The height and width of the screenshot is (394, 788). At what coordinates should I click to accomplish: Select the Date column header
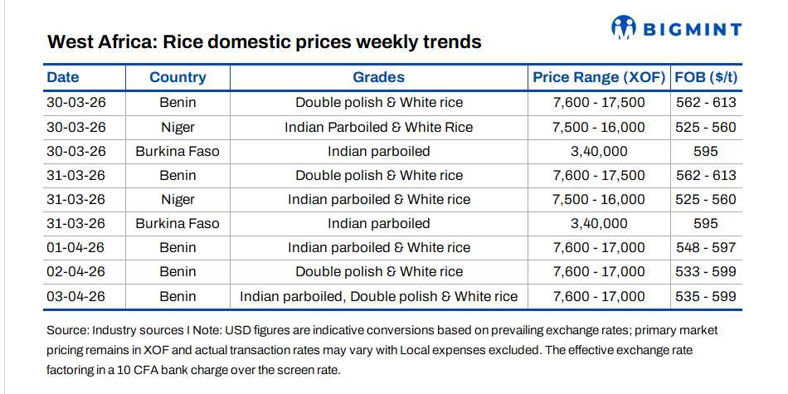[x=63, y=77]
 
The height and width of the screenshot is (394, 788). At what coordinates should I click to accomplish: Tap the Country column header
[x=178, y=77]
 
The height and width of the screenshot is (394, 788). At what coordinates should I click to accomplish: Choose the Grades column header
[x=378, y=77]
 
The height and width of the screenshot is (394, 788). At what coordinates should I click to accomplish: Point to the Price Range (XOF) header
[x=599, y=77]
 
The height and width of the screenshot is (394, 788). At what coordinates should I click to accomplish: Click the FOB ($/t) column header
[x=707, y=77]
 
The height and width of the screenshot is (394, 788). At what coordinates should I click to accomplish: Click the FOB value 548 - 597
[x=706, y=248]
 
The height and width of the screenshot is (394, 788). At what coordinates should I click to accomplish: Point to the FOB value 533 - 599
[x=706, y=272]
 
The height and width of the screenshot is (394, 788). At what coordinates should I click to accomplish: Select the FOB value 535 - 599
[x=706, y=296]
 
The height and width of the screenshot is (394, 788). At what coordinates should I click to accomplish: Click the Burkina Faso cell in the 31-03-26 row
[x=178, y=224]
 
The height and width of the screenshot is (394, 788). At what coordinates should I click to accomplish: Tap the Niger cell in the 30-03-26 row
[x=178, y=128]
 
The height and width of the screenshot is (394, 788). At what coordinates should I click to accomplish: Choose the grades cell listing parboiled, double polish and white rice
[x=378, y=296]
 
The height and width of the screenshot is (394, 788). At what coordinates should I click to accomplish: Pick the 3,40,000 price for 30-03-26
[x=598, y=152]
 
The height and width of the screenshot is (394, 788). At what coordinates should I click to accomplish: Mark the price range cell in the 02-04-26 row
[x=598, y=272]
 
